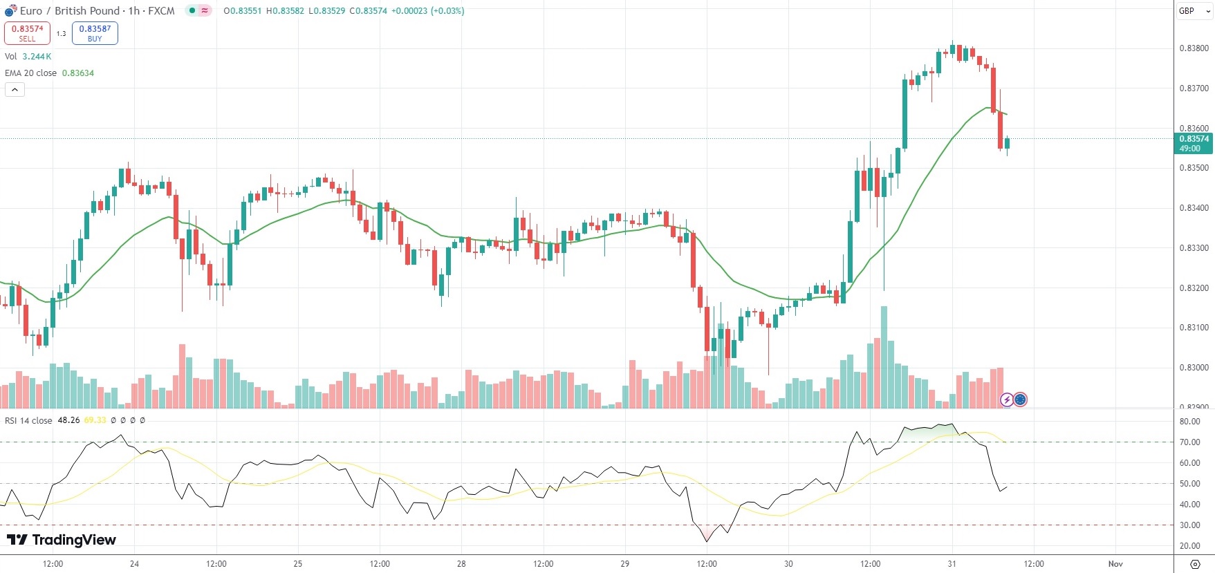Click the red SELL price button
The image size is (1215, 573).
[27, 33]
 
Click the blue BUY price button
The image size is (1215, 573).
[95, 33]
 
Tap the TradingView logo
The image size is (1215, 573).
[62, 540]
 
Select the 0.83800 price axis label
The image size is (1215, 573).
[1194, 48]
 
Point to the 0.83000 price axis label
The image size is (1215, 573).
[1194, 368]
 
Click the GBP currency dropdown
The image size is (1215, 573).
[1194, 11]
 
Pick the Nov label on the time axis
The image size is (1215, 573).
[1115, 564]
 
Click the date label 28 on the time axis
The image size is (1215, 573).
[461, 564]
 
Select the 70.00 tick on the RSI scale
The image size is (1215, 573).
[1189, 442]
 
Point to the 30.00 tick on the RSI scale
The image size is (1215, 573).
[1189, 525]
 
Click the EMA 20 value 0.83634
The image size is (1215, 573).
[78, 73]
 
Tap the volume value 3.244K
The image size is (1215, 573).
[37, 57]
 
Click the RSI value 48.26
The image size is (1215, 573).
[68, 420]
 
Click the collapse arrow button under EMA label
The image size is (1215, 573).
[15, 89]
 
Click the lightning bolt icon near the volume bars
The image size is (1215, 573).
[1007, 400]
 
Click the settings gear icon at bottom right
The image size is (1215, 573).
[1194, 564]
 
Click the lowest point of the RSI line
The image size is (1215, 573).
[707, 541]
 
